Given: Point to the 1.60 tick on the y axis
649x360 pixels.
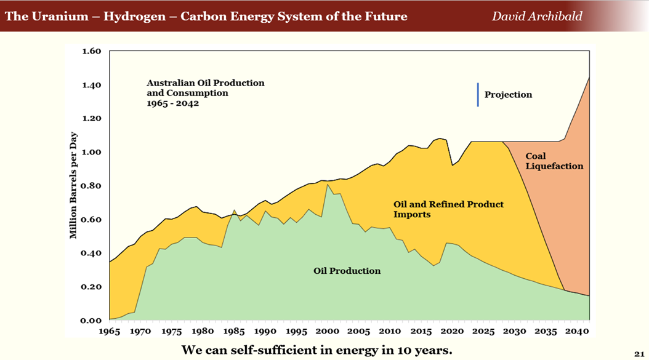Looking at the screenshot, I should coord(91,51).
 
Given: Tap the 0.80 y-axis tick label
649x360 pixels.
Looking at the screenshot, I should coord(91,186).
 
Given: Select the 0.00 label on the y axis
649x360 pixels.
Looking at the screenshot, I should coord(91,321).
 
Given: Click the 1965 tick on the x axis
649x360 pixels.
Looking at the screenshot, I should coord(110,331).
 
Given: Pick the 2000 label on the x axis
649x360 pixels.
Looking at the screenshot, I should coord(327,331).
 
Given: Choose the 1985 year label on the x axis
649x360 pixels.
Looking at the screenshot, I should coord(234,331).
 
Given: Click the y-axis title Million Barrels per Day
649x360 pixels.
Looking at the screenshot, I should coord(73,185).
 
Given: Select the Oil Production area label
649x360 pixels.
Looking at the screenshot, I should coord(347,271).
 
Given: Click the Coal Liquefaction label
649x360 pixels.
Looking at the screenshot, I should coord(554,161).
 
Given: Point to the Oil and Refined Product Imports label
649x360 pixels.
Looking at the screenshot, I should coord(448,209).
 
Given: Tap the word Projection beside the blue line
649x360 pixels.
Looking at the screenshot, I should coord(508,95).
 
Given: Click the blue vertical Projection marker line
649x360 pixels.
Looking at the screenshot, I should coord(478,95).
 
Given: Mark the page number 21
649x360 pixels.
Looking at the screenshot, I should coord(638,352).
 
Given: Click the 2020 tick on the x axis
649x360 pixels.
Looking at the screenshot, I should coord(451,331).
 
